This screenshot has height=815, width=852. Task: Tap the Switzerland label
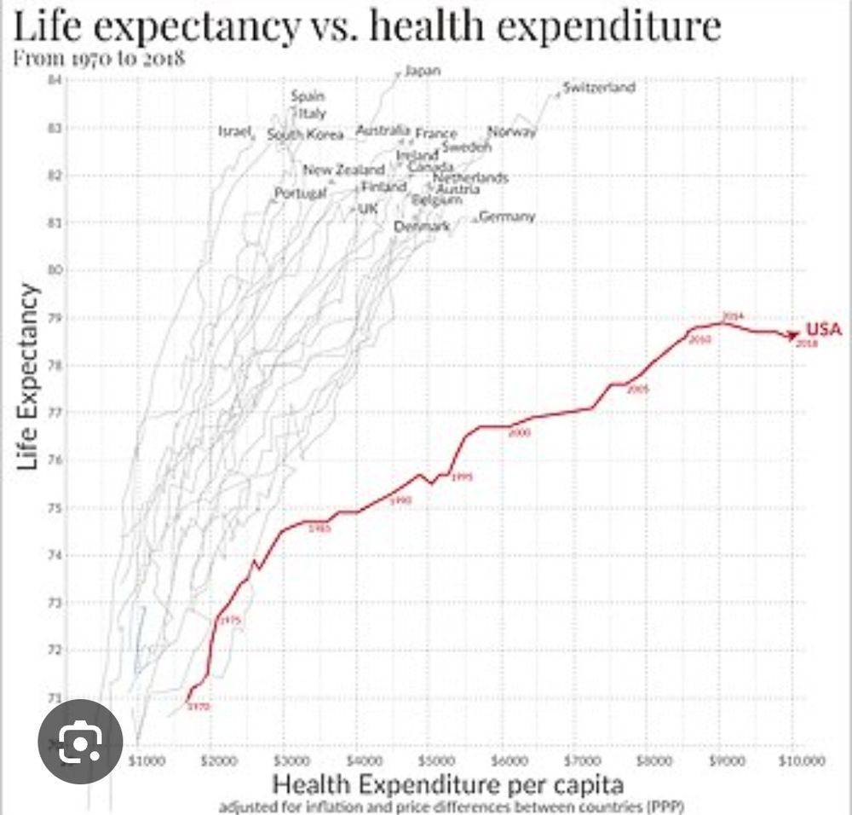coord(599,88)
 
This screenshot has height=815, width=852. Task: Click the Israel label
coord(235,132)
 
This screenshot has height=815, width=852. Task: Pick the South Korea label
coord(305,135)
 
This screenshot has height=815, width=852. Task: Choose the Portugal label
coord(300,194)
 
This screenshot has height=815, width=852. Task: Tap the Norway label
coord(511,131)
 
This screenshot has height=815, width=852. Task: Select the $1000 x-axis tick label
coord(142,756)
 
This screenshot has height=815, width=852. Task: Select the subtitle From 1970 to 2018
coord(101,59)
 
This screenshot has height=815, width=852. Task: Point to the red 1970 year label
coord(199,706)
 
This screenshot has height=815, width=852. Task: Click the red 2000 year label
coord(519,433)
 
